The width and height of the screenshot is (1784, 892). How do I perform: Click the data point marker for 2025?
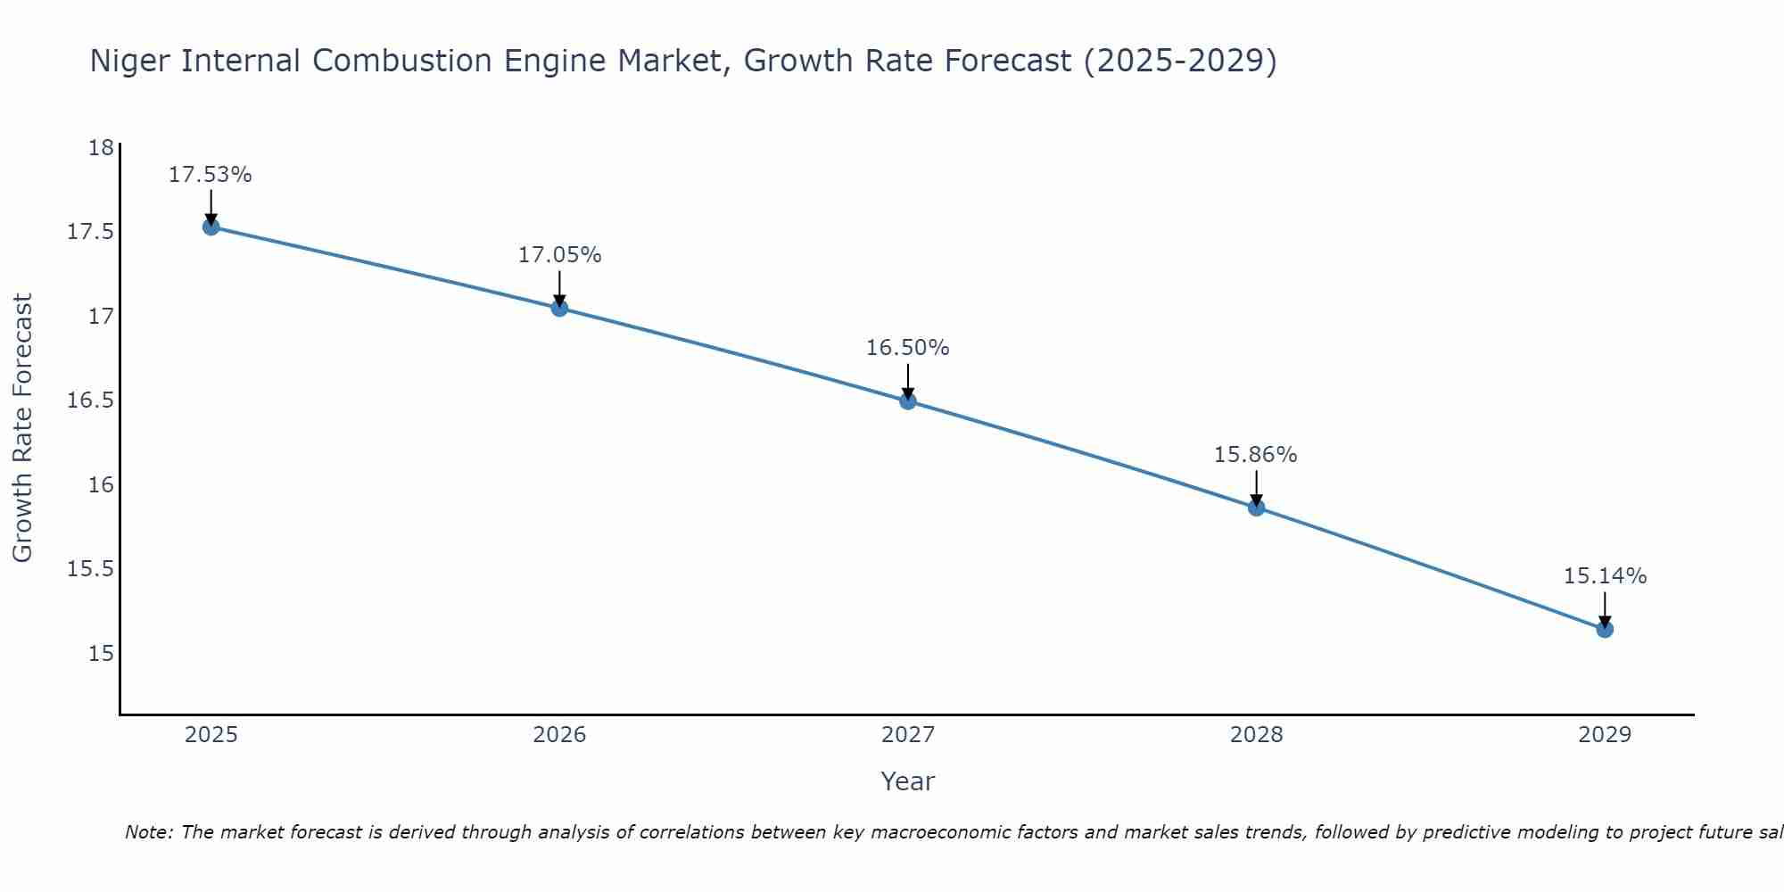211,227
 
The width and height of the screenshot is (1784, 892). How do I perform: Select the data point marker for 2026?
559,308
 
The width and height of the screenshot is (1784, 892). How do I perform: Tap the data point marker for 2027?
908,401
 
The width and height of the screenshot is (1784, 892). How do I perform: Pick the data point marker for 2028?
1256,508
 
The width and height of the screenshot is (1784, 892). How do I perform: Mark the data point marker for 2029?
1605,629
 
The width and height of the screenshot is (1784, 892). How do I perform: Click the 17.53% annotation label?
211,175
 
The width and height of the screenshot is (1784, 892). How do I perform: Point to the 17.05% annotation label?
559,255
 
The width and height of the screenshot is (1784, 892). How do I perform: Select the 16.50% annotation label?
908,348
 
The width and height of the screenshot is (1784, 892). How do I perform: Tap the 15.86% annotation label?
1256,455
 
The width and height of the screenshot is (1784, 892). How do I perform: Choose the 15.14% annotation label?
1605,576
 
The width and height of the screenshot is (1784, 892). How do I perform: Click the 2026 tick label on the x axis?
559,735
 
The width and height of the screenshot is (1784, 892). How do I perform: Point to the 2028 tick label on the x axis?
1256,735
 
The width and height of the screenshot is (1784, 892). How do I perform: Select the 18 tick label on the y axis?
102,148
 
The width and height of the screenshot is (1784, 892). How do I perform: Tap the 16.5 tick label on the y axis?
91,401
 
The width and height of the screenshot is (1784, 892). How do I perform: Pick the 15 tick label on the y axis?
102,654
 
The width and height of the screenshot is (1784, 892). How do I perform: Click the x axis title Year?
908,781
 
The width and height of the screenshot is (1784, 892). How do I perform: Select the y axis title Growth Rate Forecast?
23,428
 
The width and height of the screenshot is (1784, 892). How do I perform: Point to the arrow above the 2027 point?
908,380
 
